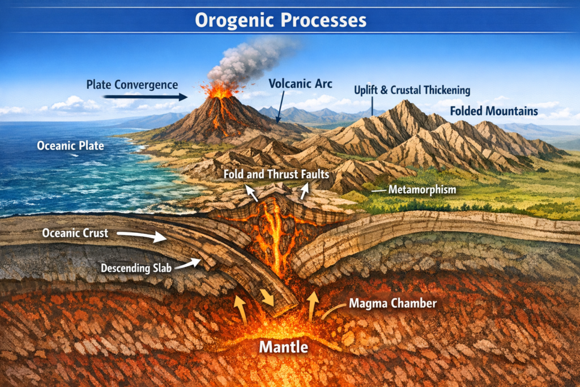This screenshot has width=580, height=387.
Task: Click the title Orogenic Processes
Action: [x=281, y=20]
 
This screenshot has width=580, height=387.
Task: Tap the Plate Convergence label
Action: [x=132, y=85]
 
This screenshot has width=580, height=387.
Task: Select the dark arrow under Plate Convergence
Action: [x=146, y=97]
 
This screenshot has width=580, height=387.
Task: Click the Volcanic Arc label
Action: [x=300, y=84]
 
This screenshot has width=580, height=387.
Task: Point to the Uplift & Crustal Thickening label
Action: [x=412, y=90]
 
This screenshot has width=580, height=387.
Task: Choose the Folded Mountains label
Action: [x=494, y=111]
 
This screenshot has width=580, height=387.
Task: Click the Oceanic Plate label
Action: [x=70, y=146]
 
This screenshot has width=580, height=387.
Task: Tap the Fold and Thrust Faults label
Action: [x=276, y=174]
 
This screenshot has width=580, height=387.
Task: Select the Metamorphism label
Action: [x=422, y=190]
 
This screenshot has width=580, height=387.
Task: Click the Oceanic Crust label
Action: [x=75, y=233]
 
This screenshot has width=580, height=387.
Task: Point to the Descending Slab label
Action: [x=136, y=268]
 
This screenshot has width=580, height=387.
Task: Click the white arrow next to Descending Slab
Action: [x=188, y=264]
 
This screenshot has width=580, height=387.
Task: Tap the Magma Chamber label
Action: [x=393, y=303]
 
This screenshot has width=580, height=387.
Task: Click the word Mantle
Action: [x=284, y=347]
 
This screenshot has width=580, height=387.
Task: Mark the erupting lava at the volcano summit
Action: [x=219, y=91]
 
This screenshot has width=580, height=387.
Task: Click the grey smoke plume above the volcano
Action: [x=248, y=59]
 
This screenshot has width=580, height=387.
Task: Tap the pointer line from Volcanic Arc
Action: [x=280, y=107]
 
